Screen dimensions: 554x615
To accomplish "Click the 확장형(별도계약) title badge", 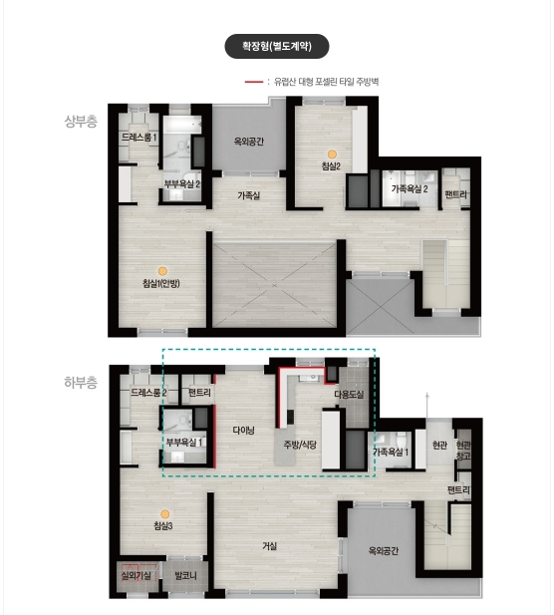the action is (x=277, y=46).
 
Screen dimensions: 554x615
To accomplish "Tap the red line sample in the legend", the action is (x=254, y=82).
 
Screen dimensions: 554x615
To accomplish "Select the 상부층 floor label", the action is (x=81, y=122).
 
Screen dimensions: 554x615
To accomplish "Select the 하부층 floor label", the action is (x=81, y=383).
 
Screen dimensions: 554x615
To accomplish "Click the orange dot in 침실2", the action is (x=332, y=154).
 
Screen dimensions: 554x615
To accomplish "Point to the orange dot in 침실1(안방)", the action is (x=162, y=271).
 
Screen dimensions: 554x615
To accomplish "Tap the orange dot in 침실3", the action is (x=165, y=514).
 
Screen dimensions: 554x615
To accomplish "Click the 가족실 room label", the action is (x=248, y=195).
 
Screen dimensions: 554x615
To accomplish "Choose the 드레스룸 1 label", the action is (x=138, y=138).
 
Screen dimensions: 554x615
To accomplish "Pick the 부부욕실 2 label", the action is (x=182, y=183).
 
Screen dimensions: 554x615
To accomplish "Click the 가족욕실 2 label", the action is (x=410, y=189).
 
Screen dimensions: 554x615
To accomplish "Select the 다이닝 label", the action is (x=243, y=431).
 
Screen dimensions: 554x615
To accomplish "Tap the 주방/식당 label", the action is (x=300, y=445).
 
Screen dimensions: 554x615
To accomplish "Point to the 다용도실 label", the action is (x=349, y=395).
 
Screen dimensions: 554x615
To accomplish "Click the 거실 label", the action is (x=270, y=546).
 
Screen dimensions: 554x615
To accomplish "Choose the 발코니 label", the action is (x=185, y=576).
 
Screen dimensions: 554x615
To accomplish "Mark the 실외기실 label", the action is (x=137, y=575).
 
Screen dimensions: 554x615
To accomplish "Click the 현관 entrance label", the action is (x=439, y=446).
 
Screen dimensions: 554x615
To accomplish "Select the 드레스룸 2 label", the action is (x=148, y=392).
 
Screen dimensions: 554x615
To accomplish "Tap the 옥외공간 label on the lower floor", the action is (x=384, y=550).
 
